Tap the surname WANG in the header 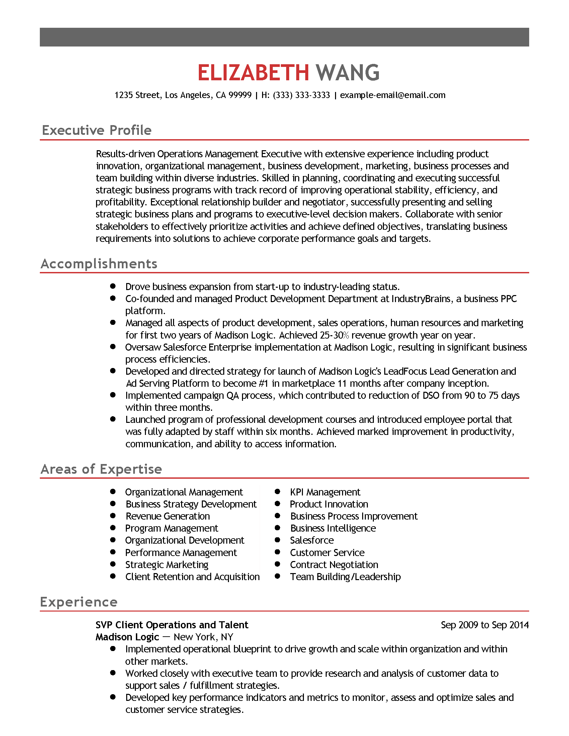347,73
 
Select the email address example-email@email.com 393,95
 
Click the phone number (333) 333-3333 301,95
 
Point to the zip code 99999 240,95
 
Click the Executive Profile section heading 97,130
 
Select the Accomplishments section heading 99,264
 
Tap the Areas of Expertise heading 101,469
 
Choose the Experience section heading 79,602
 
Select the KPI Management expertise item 325,492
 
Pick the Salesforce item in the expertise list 312,541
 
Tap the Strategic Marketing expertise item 167,565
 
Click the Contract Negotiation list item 334,565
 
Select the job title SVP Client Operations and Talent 172,625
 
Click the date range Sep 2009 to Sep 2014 485,625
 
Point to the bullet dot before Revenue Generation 113,516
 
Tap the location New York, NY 203,637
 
